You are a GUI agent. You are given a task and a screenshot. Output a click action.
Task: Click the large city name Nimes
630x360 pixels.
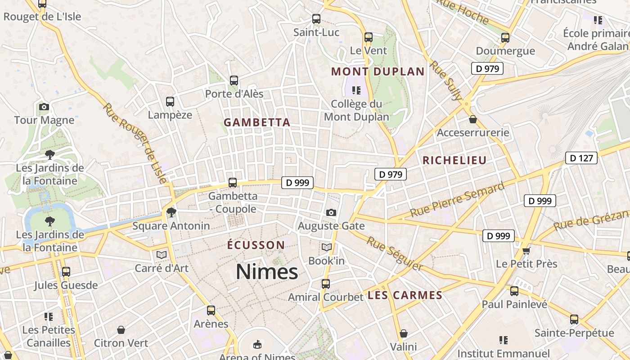tap(267, 272)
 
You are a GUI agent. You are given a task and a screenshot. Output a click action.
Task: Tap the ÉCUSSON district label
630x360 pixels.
tap(256, 245)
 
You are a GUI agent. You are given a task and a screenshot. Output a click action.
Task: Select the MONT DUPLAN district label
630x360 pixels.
tap(378, 72)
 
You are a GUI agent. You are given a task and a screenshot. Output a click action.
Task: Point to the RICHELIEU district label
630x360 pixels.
tap(454, 160)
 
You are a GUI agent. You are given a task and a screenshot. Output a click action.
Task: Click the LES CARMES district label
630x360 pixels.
tap(405, 295)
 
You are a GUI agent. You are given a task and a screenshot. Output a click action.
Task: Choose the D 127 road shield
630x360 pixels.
tap(581, 158)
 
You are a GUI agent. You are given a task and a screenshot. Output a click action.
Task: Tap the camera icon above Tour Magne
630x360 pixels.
tap(44, 107)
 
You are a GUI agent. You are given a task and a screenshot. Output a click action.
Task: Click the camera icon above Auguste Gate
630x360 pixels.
tap(331, 212)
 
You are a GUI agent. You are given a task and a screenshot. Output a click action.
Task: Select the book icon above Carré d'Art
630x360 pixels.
tap(162, 255)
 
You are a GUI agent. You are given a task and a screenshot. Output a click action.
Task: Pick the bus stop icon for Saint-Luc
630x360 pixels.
tap(316, 19)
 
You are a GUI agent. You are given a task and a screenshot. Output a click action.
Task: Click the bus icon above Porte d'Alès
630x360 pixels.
tap(234, 81)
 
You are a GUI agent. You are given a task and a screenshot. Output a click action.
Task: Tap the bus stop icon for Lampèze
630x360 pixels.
tap(170, 102)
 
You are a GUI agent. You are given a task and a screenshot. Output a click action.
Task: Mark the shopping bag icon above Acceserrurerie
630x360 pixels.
tap(473, 119)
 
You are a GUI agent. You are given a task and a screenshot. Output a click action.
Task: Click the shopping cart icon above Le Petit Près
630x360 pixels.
tap(526, 250)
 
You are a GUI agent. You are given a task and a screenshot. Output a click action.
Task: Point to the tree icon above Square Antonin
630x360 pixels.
tap(171, 212)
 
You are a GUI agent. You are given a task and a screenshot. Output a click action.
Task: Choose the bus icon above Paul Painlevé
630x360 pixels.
tap(514, 291)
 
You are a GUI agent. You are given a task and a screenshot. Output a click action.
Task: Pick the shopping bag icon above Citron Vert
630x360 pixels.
tap(121, 330)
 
